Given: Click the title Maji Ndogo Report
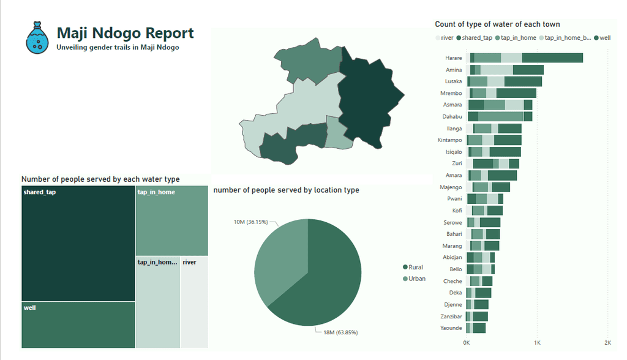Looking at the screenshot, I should [x=125, y=33].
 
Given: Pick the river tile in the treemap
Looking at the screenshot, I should [x=194, y=302].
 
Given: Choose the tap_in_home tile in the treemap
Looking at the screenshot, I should [x=171, y=221].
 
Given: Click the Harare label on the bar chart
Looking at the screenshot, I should [x=453, y=58].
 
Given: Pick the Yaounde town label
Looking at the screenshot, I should [x=451, y=328].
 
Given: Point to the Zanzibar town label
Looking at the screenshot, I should [x=451, y=316].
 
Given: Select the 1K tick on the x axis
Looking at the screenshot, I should [x=537, y=342].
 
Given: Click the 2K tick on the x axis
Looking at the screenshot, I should [x=607, y=342].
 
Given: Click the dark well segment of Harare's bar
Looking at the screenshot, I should [x=552, y=58].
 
